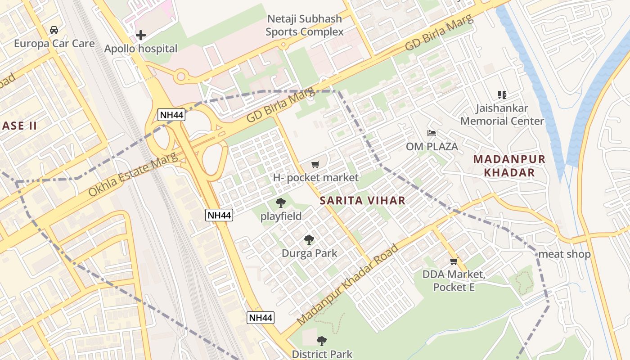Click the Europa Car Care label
coord(54,43)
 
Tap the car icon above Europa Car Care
coord(54,30)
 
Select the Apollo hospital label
coord(141,49)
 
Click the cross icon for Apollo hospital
coord(141,35)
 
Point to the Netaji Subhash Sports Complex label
coord(304,25)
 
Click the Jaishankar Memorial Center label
coord(502,114)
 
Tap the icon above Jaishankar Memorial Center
coord(502,95)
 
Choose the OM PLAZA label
coord(432,146)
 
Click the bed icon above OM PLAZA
coord(432,133)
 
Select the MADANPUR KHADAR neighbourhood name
coord(509,166)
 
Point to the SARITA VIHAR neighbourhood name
coord(363,201)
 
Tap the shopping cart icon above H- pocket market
coord(315,165)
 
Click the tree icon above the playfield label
coord(281,203)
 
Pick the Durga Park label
coord(309,253)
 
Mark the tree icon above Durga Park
coord(309,240)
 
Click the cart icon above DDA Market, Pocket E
coord(454,261)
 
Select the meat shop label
coord(564,254)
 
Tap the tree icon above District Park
coord(321,341)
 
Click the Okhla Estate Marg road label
coord(133,175)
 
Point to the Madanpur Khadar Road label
coord(348,285)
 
